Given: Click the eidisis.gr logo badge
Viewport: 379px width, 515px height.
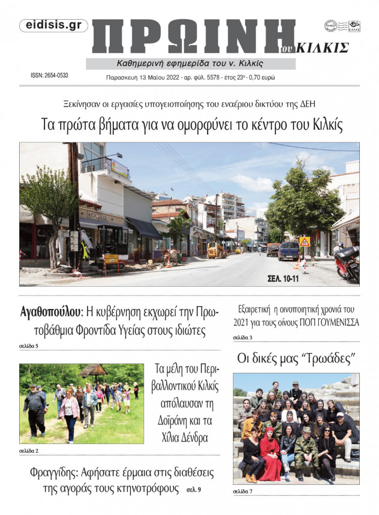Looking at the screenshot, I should [x=53, y=26].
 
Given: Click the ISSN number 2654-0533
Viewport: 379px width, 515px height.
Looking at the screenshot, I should [x=50, y=76].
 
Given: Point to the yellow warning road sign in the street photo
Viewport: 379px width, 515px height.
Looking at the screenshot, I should [x=304, y=242].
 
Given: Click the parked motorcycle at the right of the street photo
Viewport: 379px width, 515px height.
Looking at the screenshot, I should [x=348, y=263].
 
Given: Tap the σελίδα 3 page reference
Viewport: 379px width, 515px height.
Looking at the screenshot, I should [x=243, y=337].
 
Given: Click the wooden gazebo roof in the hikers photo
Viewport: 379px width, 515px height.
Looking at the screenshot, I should [x=93, y=370].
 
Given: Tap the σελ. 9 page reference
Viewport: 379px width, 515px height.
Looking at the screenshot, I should [x=194, y=490].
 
